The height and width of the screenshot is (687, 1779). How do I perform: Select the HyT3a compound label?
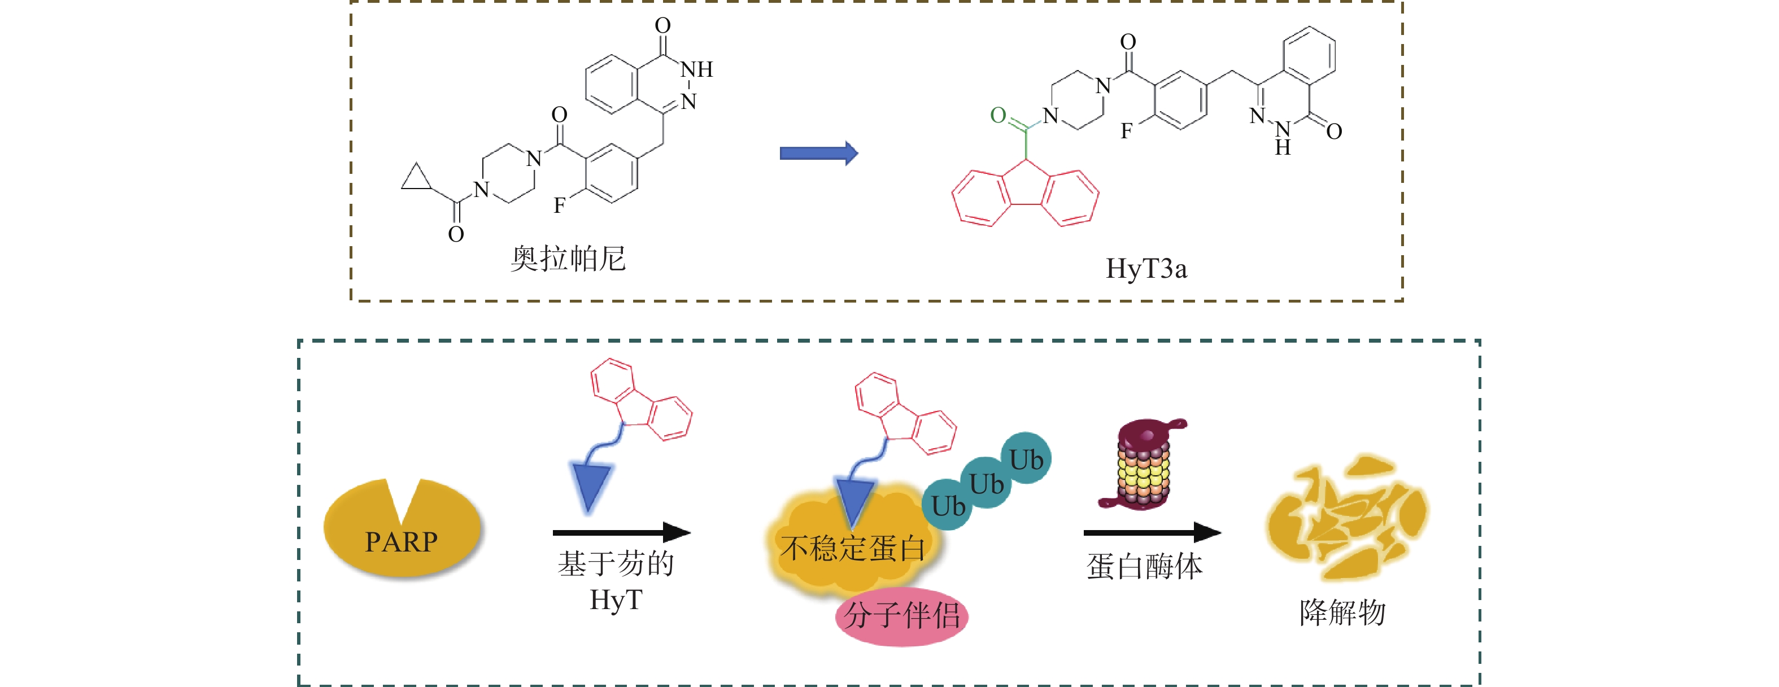1146,269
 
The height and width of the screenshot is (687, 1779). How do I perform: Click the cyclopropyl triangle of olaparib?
415,179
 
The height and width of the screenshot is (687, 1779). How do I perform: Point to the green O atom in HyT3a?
998,115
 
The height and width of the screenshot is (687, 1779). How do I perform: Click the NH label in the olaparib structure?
696,69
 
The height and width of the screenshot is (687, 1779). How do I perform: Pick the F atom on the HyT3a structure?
1126,131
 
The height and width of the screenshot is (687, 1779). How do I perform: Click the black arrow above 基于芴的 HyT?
622,532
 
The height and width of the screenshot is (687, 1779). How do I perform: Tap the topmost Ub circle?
1026,459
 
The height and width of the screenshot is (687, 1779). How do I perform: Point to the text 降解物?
1342,612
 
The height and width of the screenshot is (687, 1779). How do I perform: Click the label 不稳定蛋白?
852,549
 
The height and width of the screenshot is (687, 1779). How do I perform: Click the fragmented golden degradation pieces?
1347,518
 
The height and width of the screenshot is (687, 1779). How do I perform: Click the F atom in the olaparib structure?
559,205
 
